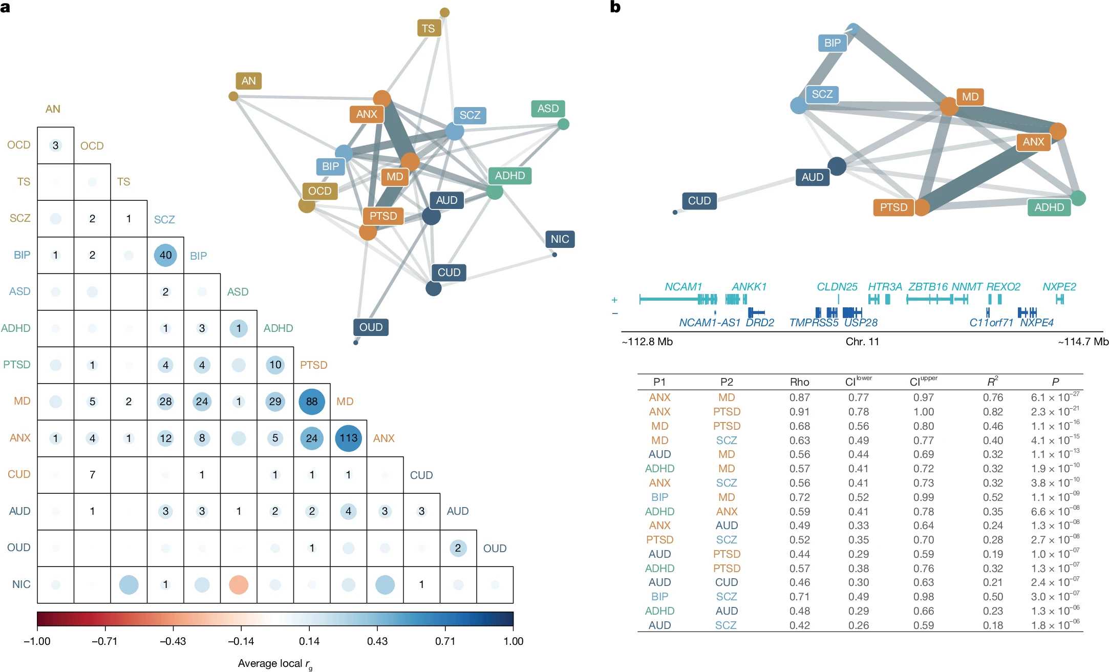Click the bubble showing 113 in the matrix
point(348,438)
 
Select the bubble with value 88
point(312,402)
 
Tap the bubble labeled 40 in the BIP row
point(165,255)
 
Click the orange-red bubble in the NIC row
point(239,584)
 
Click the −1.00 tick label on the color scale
point(37,641)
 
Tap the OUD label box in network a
point(371,327)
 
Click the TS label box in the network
point(428,28)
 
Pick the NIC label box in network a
point(560,239)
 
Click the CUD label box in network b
point(699,201)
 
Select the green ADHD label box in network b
point(1049,207)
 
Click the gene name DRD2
point(760,323)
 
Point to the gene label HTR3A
point(885,287)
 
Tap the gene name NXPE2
point(1059,287)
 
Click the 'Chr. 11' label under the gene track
point(862,342)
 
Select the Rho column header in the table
point(799,382)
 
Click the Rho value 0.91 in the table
point(799,412)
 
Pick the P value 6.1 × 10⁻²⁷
point(1055,397)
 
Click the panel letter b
point(615,7)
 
